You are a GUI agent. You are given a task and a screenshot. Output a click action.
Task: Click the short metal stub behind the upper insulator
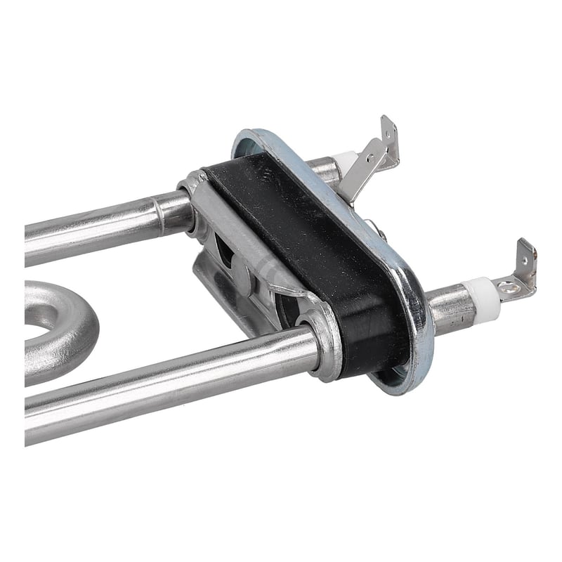point(325,169)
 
